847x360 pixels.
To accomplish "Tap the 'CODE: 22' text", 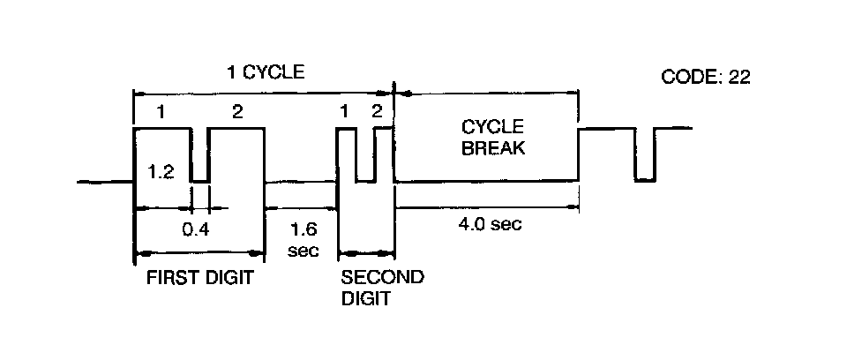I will pos(706,77).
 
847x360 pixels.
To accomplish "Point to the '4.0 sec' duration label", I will pos(491,224).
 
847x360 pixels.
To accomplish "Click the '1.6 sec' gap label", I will pos(302,240).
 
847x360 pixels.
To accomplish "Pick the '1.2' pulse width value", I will pos(161,173).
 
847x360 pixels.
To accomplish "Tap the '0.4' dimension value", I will pos(195,229).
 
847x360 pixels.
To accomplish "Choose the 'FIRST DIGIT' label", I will pos(199,278).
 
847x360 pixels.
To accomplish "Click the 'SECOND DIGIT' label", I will pos(381,288).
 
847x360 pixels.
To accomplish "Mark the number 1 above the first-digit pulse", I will pos(161,112).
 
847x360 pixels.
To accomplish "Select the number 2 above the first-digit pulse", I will pos(236,112).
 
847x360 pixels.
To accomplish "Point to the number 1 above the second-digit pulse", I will pos(345,112).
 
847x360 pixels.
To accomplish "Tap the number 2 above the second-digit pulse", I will pos(378,112).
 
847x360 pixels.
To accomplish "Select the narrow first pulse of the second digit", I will pos(346,154).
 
